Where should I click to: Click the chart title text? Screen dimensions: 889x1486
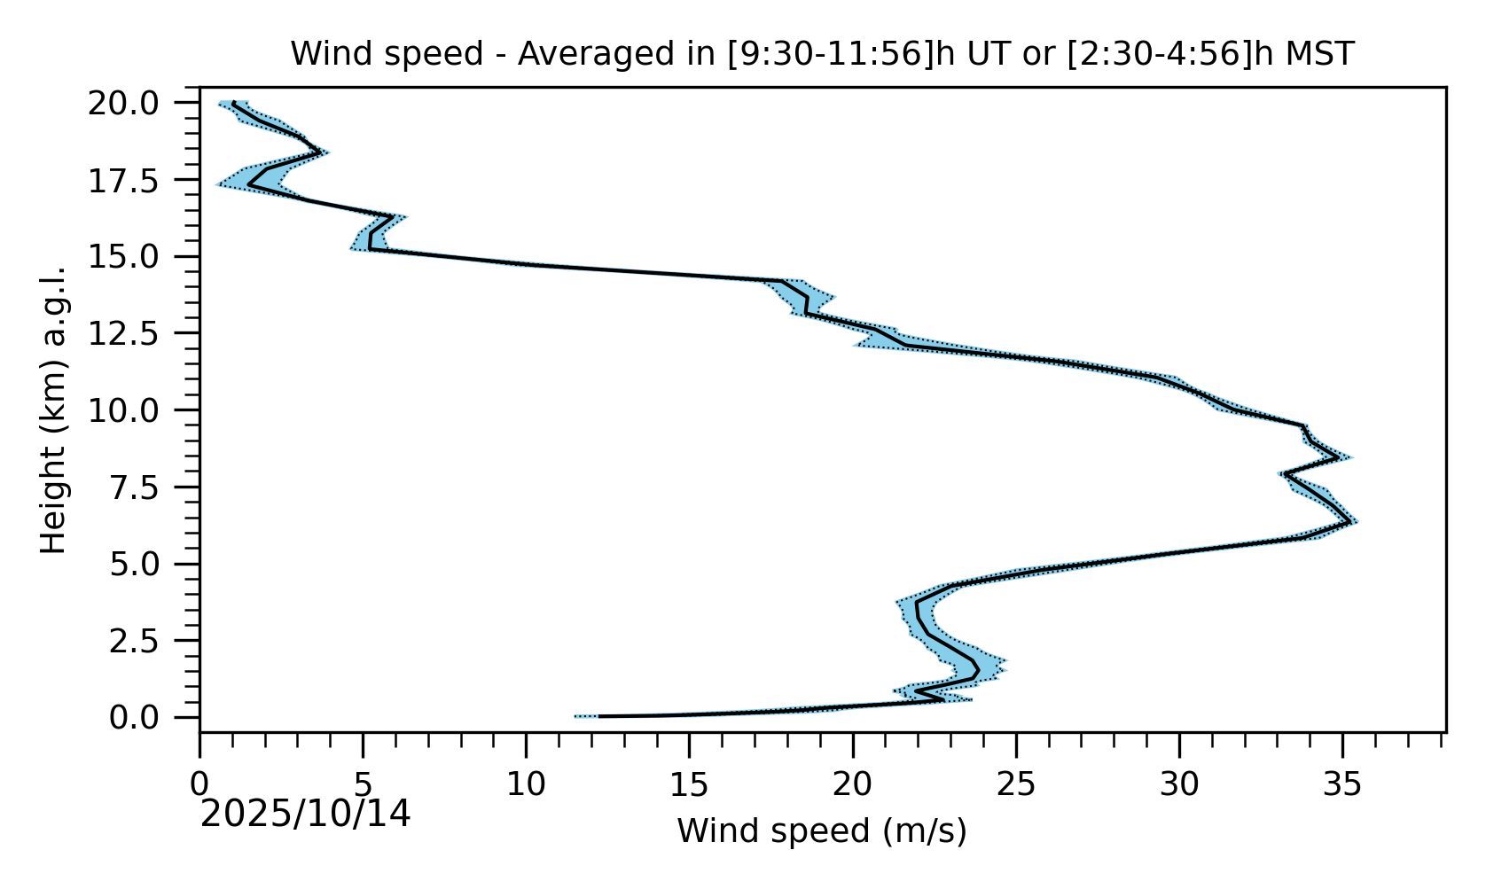point(822,55)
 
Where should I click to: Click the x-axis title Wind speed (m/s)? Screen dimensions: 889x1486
point(822,831)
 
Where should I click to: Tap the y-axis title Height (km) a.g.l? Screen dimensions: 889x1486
point(54,409)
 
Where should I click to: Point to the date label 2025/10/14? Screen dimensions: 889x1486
point(305,815)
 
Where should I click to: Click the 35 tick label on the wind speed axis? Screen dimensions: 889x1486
point(1342,784)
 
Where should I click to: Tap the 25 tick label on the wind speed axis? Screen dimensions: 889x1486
point(1016,784)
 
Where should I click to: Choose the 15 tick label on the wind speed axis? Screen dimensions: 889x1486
point(690,784)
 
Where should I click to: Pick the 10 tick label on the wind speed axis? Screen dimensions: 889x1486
point(526,784)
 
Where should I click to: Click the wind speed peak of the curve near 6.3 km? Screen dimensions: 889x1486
point(1350,522)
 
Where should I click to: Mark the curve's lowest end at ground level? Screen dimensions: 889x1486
point(600,716)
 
